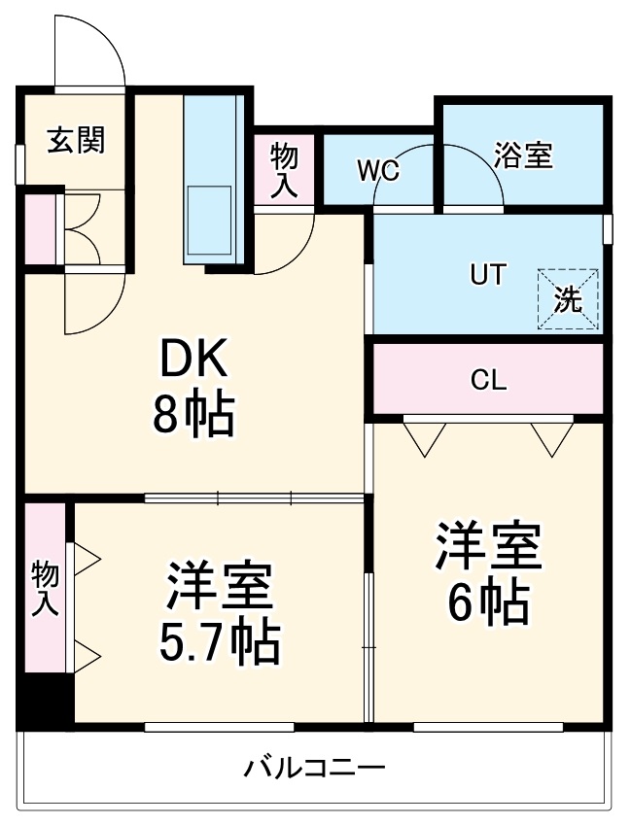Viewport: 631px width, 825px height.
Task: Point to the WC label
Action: coord(377,171)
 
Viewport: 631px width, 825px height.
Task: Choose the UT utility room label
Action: coord(488,275)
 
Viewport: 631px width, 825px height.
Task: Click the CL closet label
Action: coord(488,380)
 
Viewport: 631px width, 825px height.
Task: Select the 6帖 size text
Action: coord(488,603)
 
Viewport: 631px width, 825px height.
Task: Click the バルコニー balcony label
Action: coord(314,769)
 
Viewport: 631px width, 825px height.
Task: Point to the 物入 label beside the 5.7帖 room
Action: coord(45,588)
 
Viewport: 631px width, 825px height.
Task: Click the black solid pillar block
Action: coord(45,700)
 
